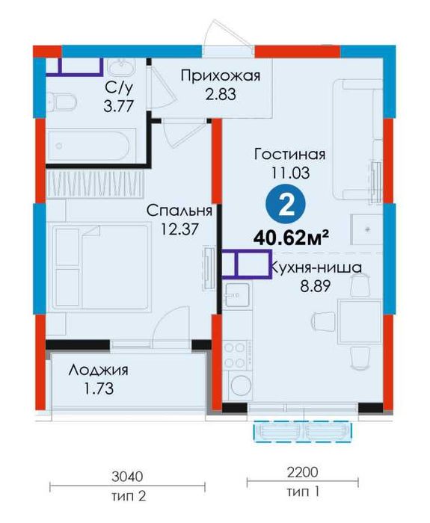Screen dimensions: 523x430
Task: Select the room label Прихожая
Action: pos(221,75)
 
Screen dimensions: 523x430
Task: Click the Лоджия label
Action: pos(98,371)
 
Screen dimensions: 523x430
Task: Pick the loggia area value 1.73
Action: pos(97,389)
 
